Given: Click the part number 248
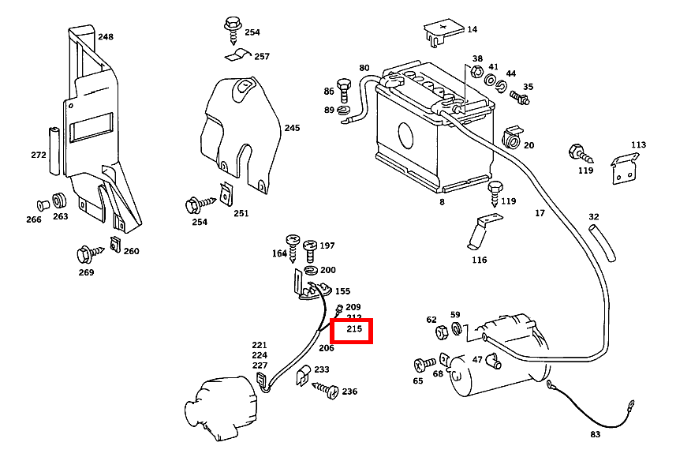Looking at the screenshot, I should pos(106,36).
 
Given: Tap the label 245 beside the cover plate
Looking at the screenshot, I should pos(293,128).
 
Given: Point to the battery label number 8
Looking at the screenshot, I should pos(442,202).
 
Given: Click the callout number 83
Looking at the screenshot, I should pos(596,435).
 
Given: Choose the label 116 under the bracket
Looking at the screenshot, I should pos(479,260).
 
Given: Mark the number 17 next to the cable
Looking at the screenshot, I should pos(540,213).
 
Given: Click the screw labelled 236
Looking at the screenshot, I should pos(330,390).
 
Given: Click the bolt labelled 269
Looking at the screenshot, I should pos(84,255).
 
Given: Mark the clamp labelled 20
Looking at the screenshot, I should pos(511,138).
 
